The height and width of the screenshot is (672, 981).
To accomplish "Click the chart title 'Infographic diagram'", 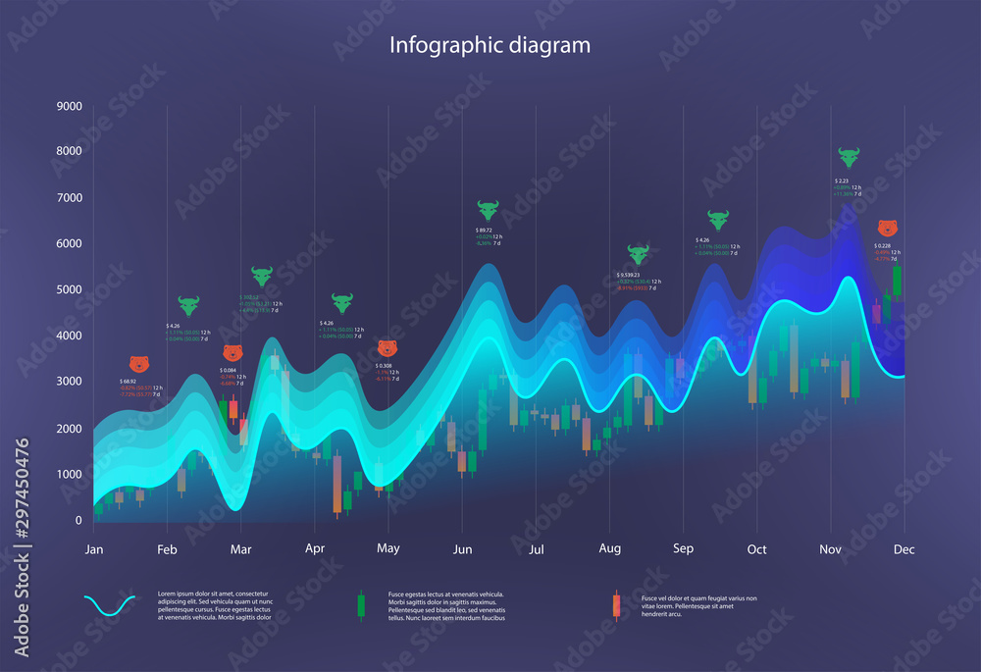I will (490, 45).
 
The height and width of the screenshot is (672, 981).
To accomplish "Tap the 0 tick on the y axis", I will (77, 520).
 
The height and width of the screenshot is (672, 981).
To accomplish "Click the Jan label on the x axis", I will (94, 549).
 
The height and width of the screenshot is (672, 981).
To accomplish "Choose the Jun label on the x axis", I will (462, 549).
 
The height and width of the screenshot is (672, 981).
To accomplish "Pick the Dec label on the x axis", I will (904, 549).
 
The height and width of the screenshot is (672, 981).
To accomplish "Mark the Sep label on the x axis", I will (683, 549).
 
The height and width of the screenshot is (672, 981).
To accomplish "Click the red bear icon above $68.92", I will (140, 364).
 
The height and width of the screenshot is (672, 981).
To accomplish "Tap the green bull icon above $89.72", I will (488, 210).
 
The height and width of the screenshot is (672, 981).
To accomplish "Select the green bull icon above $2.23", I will (849, 157).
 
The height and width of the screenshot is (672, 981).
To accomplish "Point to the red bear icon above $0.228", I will (887, 228).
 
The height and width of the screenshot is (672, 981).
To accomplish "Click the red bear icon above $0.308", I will (387, 348).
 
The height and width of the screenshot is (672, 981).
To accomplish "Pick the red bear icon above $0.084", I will (232, 353).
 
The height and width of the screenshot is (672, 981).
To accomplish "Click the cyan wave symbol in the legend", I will (110, 606).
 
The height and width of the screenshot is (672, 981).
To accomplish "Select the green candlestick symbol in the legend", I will (360, 606).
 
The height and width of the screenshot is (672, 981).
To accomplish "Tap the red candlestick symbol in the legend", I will (615, 606).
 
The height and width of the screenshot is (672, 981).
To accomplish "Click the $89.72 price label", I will (484, 230).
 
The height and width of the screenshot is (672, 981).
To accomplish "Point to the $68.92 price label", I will (128, 381).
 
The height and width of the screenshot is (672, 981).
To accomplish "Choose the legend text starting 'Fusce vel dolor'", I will (698, 606).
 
